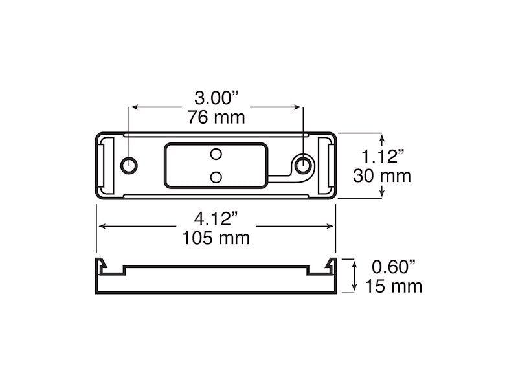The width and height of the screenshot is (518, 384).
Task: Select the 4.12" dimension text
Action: (x=216, y=218)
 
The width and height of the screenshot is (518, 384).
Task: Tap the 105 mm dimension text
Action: (x=216, y=238)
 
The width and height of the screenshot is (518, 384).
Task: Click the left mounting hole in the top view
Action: (x=129, y=165)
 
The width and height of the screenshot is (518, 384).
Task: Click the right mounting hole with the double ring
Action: (x=302, y=166)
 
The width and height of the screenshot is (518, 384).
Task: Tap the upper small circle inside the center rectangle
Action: (x=217, y=153)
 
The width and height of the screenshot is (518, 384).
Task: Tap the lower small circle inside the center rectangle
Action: (x=217, y=176)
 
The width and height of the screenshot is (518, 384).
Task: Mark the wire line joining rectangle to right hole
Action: (x=280, y=175)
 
